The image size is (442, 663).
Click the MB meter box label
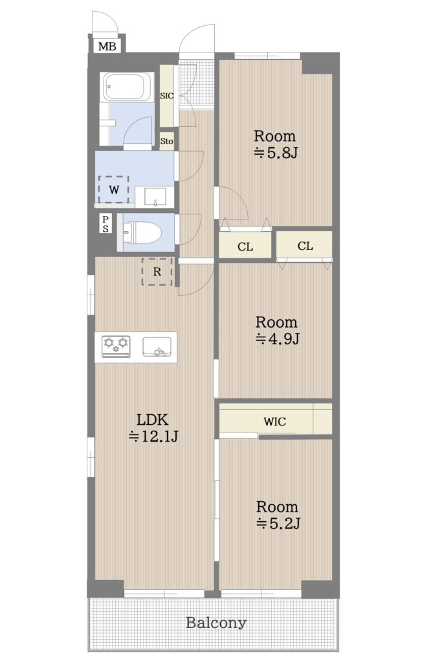pyautogui.click(x=107, y=46)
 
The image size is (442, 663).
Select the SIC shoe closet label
pyautogui.click(x=166, y=96)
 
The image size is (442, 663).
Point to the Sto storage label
pyautogui.click(x=166, y=141)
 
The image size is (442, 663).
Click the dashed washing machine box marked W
pyautogui.click(x=114, y=190)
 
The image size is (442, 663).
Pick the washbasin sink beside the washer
pyautogui.click(x=155, y=197)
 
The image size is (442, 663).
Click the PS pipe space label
pyautogui.click(x=105, y=224)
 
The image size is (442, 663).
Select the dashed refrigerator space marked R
pyautogui.click(x=157, y=271)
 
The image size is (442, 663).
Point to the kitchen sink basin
pyautogui.click(x=157, y=347)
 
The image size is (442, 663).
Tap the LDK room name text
pyautogui.click(x=153, y=420)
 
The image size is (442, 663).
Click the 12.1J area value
pyautogui.click(x=154, y=436)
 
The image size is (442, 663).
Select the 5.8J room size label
pyautogui.click(x=276, y=152)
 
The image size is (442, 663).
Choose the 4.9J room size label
pyautogui.click(x=278, y=339)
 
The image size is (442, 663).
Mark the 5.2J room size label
pyautogui.click(x=278, y=523)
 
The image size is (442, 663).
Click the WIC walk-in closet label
pyautogui.click(x=274, y=421)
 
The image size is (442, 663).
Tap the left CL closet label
pyautogui.click(x=245, y=247)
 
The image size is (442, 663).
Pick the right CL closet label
pyautogui.click(x=305, y=245)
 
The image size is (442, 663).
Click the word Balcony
pyautogui.click(x=216, y=623)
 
